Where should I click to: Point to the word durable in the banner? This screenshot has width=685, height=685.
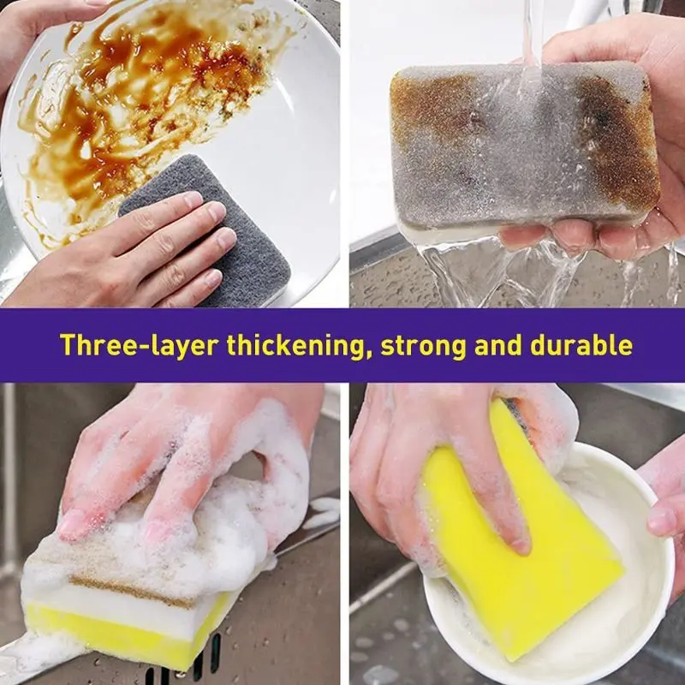pos(581,345)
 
